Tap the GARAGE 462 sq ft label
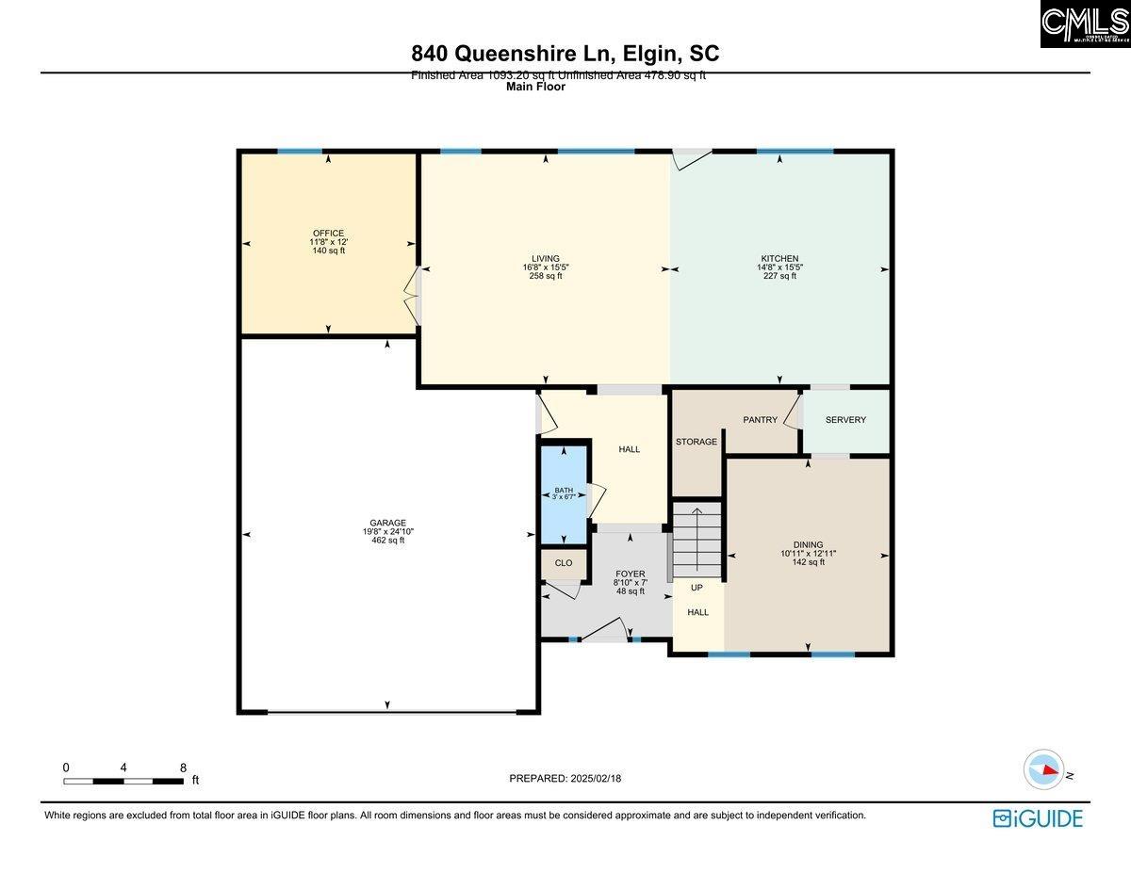[x=387, y=531]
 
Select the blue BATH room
[x=563, y=494]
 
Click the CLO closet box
[x=564, y=562]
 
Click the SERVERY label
[x=845, y=420]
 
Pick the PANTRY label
[x=760, y=420]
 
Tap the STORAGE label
[x=697, y=442]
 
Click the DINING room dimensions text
[x=808, y=554]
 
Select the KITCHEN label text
[x=779, y=259]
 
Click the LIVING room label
[x=546, y=259]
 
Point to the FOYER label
[x=630, y=574]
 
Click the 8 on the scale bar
[x=183, y=768]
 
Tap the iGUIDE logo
[x=1037, y=818]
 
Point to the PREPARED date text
[x=566, y=778]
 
